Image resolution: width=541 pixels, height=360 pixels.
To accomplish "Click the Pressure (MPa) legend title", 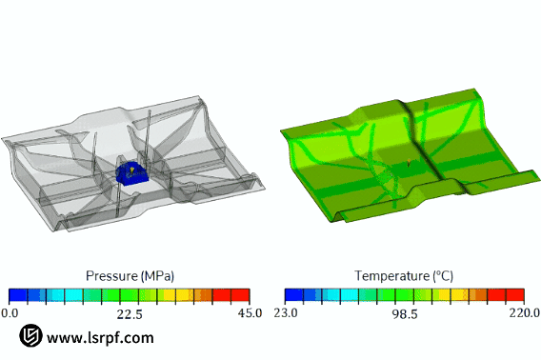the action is (x=130, y=276).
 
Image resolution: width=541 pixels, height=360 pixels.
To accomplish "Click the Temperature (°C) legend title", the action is (x=404, y=276).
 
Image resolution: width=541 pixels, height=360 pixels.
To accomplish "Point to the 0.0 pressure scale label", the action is (x=10, y=313).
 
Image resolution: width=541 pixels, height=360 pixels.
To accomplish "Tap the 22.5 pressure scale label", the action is (x=130, y=313).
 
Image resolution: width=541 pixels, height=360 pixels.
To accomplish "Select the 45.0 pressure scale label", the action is (x=250, y=313).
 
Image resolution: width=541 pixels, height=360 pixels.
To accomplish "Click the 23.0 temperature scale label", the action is (x=286, y=313).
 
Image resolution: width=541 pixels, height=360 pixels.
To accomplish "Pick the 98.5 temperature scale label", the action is (x=405, y=313).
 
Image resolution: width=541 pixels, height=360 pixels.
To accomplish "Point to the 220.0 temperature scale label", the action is (x=525, y=313).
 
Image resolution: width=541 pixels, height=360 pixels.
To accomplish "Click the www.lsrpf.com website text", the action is (x=100, y=337).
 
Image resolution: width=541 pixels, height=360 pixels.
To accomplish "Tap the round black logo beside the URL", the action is (x=30, y=335).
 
